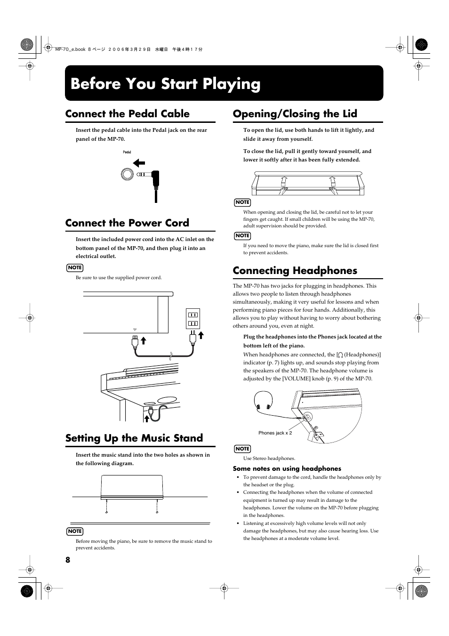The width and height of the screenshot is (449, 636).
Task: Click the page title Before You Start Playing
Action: [x=165, y=84]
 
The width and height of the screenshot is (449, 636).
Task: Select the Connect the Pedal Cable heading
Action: [x=128, y=114]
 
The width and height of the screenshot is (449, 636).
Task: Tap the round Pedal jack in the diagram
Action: [x=127, y=174]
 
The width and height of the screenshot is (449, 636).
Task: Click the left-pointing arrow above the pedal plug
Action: [x=139, y=163]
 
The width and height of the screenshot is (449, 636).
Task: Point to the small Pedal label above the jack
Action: [x=127, y=152]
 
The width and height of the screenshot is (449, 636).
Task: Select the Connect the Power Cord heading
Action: [x=127, y=223]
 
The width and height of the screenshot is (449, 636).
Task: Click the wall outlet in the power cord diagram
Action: [x=193, y=318]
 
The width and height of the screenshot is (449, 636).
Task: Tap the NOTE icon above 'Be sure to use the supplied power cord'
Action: [x=75, y=267]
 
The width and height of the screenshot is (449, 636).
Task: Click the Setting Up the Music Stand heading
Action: [x=134, y=438]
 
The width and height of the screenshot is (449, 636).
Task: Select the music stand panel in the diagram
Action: [x=132, y=486]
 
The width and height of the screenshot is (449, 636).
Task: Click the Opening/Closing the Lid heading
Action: [x=295, y=114]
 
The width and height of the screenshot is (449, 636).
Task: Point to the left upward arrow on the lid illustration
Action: [x=284, y=181]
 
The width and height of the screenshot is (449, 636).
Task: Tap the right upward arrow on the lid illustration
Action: [x=333, y=181]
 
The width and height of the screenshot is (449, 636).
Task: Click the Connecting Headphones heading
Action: [x=295, y=271]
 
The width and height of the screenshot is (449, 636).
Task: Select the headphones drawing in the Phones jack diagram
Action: [x=264, y=401]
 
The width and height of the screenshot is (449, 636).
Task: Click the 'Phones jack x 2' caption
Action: [x=275, y=433]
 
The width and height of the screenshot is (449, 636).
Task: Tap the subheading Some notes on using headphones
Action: [x=287, y=468]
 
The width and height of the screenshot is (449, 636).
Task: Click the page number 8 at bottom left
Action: [x=68, y=560]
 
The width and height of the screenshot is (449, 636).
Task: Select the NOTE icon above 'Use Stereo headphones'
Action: [x=242, y=449]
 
